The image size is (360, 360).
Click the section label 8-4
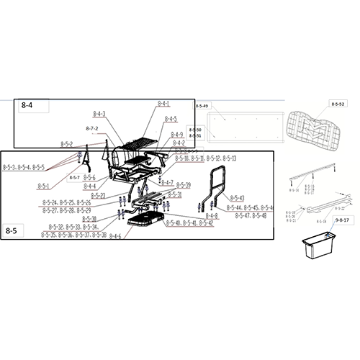[27, 106]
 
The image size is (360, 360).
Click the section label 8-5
[12, 230]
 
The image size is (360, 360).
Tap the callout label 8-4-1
[163, 104]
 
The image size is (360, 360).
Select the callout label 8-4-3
[99, 114]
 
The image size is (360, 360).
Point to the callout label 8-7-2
[91, 128]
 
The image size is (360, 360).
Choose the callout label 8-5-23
[98, 195]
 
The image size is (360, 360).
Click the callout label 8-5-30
[89, 218]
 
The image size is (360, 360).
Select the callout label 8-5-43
[237, 197]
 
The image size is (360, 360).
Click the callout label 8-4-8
[211, 216]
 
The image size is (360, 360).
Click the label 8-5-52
[338, 105]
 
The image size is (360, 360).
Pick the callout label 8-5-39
[183, 185]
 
